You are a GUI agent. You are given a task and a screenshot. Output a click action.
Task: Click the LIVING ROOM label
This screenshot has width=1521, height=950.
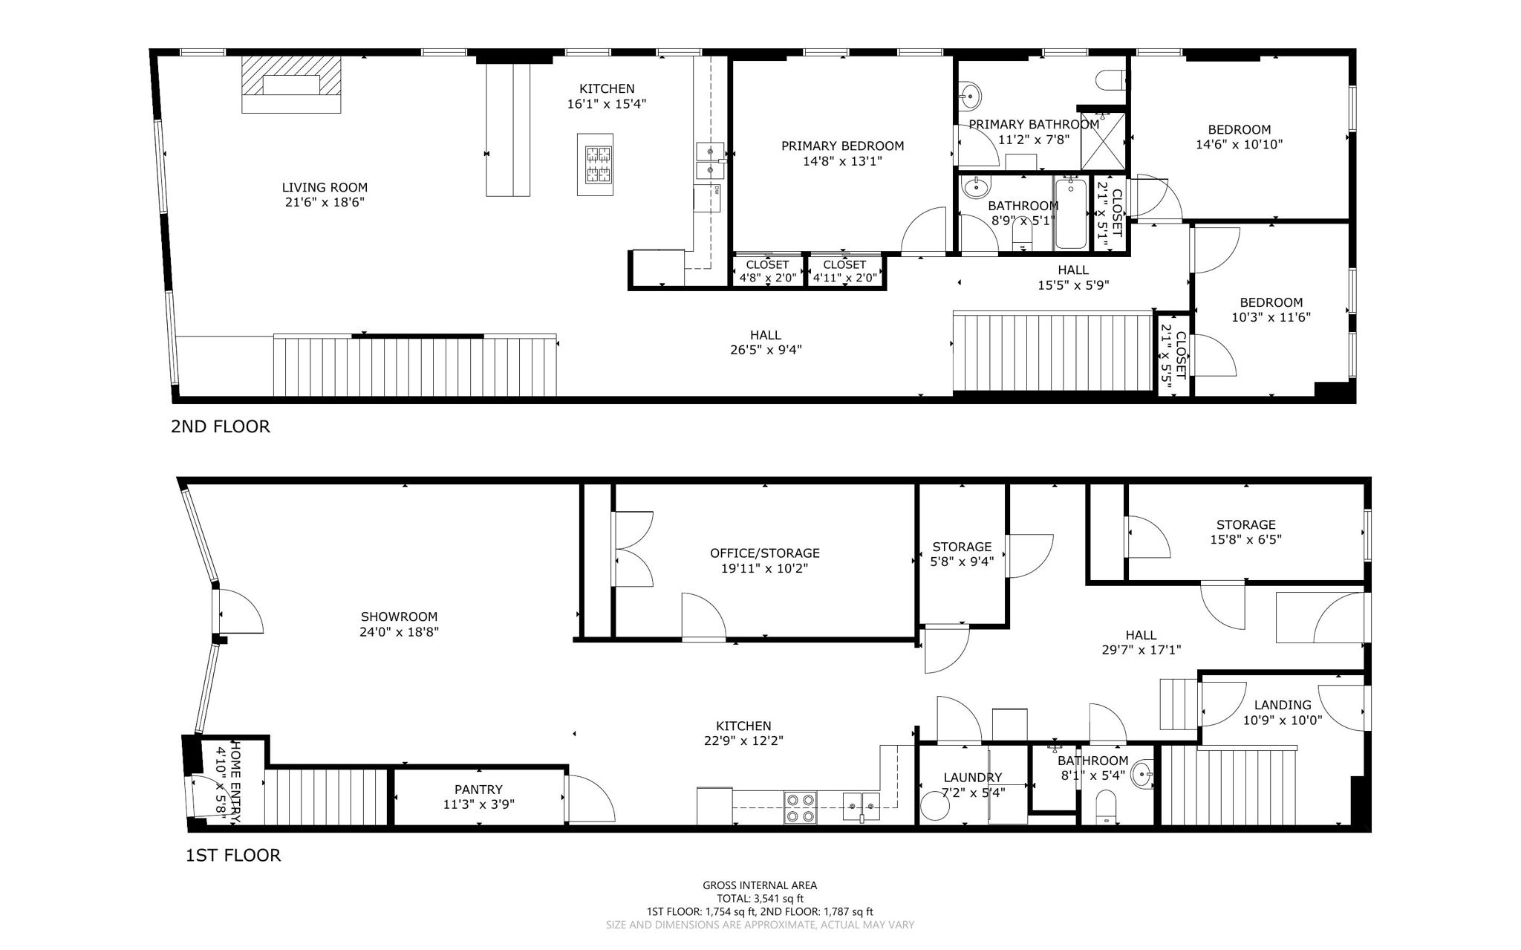[x=325, y=188]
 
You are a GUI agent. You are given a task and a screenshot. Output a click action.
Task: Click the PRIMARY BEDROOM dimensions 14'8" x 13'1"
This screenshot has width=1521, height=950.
[x=842, y=161]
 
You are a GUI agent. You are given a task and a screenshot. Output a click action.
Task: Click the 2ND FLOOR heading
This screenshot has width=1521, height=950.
[x=221, y=426]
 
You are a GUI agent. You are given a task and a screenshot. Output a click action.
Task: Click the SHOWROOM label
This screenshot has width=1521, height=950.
[x=399, y=616]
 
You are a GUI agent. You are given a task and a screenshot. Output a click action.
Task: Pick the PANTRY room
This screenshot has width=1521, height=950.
[x=478, y=796]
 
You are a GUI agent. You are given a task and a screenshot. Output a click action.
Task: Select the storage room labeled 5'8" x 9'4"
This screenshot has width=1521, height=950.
[x=962, y=554]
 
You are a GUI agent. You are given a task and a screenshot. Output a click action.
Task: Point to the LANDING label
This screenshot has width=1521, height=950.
[x=1282, y=705]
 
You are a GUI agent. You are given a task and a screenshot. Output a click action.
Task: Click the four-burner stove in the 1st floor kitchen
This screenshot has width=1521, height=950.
[x=800, y=808]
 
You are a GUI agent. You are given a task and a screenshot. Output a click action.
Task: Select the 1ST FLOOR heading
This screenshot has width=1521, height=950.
[x=232, y=855]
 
